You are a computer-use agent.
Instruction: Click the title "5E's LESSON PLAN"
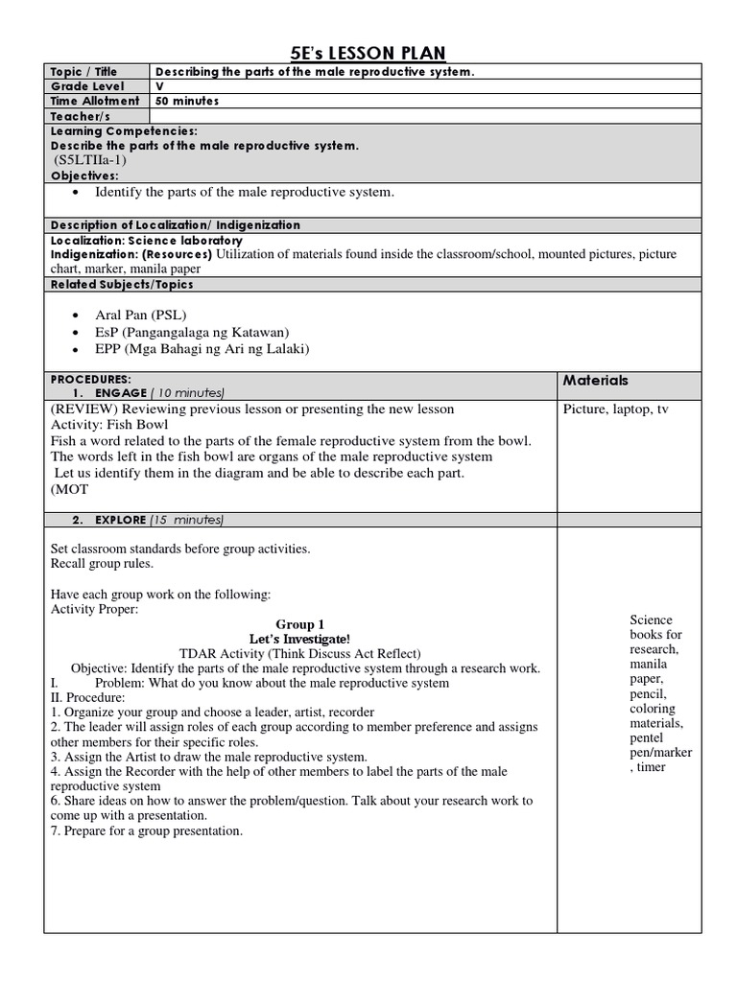coord(368,52)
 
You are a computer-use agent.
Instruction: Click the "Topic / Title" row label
coord(83,72)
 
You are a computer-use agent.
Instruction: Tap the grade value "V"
coord(159,86)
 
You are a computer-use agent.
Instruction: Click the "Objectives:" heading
coord(84,176)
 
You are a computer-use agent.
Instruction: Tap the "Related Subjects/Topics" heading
coord(122,284)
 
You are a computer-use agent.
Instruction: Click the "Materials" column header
coord(596,381)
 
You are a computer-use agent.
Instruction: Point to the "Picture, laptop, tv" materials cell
coord(616,409)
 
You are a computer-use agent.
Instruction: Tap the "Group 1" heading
coord(300,624)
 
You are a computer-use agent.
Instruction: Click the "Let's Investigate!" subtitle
coord(299,639)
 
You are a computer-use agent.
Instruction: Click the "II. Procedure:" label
coord(87,697)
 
